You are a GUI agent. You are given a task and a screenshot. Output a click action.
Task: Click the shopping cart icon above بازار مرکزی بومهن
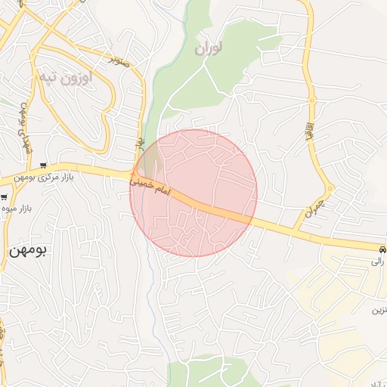45,166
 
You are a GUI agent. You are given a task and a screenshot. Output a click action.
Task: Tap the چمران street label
314,209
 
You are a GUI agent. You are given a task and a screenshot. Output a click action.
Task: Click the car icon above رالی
382,248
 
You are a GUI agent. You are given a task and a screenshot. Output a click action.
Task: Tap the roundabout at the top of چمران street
329,188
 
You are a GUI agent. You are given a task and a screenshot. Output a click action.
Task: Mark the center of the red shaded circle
193,193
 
